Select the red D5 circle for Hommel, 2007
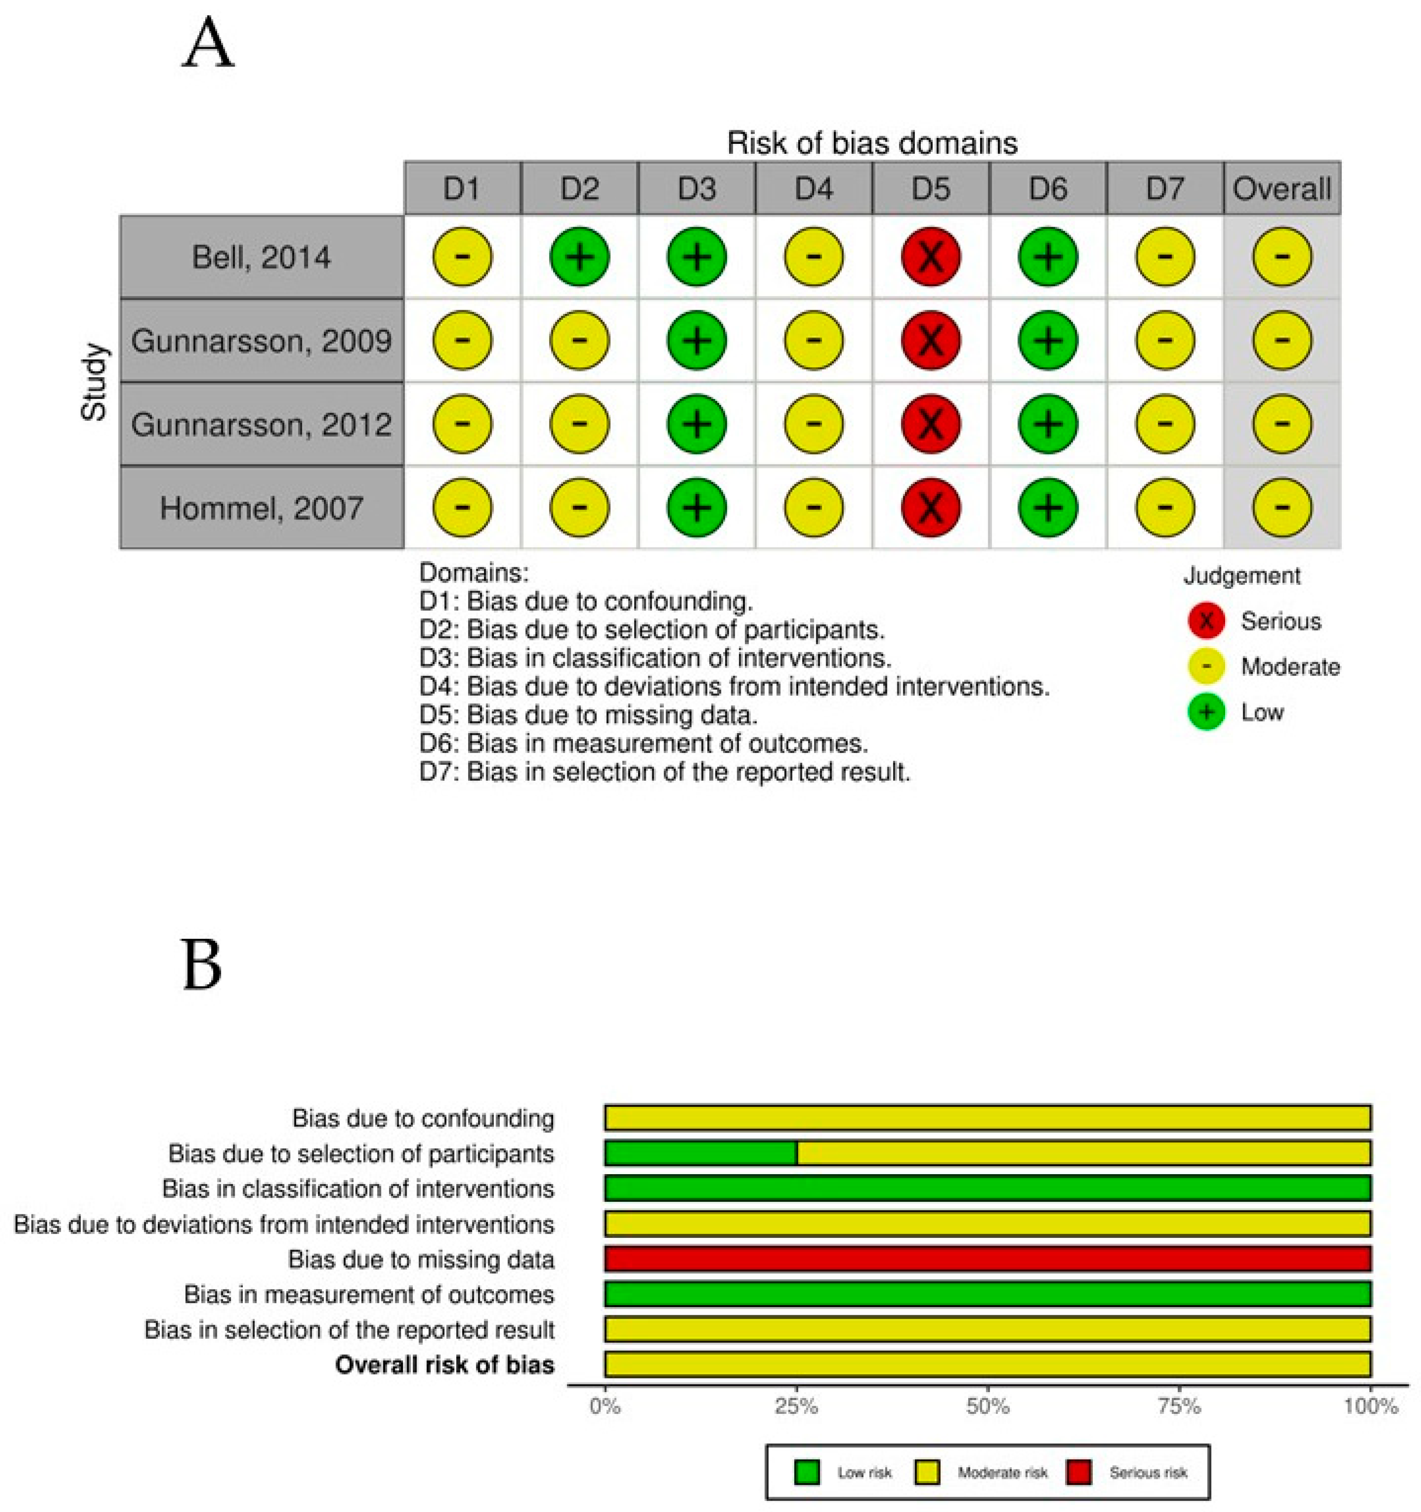[930, 507]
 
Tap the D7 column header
[1165, 189]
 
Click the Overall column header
[1282, 189]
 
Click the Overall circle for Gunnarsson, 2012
[1282, 424]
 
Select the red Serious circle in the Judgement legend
[1206, 621]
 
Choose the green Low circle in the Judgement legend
[1206, 712]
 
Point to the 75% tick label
[1179, 1406]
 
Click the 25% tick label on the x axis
[796, 1406]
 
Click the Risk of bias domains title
[872, 143]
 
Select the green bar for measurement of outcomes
[987, 1294]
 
